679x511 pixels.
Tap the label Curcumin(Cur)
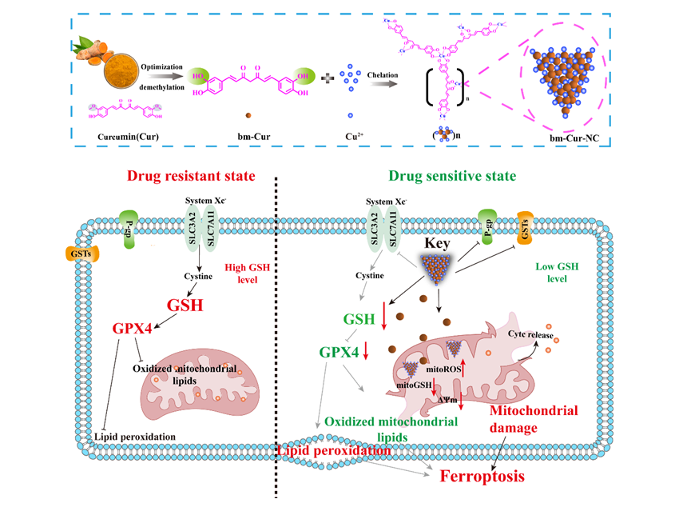(x=127, y=135)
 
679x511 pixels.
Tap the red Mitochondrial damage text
(x=533, y=417)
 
